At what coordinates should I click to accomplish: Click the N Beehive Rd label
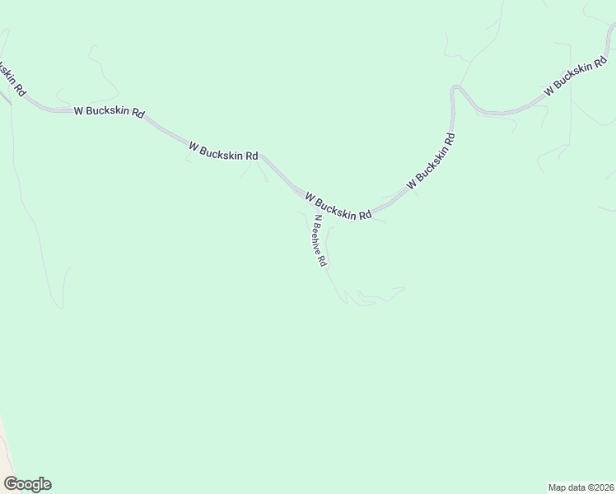[320, 241]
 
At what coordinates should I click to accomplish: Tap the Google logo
[27, 484]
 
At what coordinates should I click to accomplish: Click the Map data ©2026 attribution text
[581, 487]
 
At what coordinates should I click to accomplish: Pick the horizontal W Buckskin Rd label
[109, 111]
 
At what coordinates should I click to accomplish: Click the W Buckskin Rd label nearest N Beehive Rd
[338, 207]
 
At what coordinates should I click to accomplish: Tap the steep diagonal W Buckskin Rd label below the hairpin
[430, 161]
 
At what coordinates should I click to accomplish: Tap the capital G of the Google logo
[11, 483]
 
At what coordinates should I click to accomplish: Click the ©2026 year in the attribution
[599, 487]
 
